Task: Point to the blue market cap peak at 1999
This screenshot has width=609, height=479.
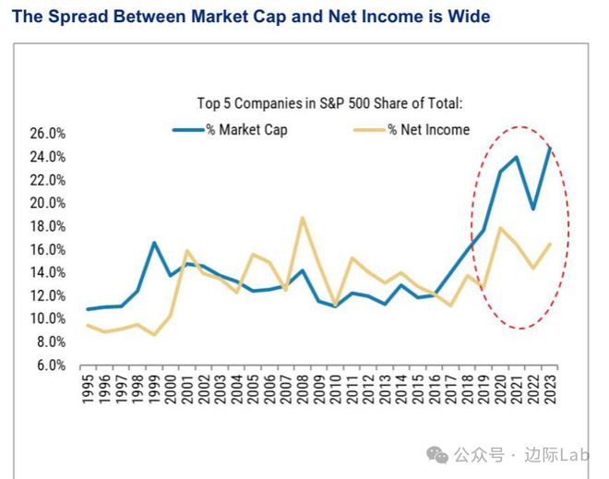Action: [x=154, y=243]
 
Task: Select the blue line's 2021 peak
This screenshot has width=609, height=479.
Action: [x=517, y=157]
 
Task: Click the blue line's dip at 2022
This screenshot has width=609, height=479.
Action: [x=533, y=209]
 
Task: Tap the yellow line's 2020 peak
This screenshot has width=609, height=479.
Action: [x=499, y=228]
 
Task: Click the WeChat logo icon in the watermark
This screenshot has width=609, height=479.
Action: [x=437, y=454]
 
